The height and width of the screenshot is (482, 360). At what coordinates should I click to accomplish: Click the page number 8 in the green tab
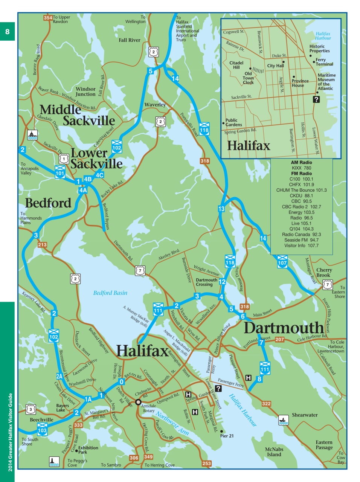point(7,32)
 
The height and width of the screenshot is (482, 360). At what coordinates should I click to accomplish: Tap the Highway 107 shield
point(282,261)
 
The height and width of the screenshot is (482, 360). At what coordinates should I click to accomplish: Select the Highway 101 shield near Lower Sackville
point(60,171)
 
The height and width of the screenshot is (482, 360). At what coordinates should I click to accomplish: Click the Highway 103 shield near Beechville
point(42,428)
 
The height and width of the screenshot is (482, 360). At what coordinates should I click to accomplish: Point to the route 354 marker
point(48,18)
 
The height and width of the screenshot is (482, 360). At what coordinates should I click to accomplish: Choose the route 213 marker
point(42,245)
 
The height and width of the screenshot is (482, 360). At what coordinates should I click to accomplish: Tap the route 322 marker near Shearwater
point(266,404)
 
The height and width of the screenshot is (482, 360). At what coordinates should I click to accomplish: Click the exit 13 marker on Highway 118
point(221,209)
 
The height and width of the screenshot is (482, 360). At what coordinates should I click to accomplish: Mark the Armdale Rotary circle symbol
point(138,402)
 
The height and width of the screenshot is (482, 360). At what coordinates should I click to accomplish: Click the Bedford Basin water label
point(110,293)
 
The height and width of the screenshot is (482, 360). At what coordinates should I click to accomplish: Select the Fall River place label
point(129,40)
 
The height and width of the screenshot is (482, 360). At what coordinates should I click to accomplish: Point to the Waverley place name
point(155,105)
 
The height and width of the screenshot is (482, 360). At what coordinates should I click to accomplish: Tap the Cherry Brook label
point(324,272)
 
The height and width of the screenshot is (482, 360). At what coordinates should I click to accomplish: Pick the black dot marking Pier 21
point(222,432)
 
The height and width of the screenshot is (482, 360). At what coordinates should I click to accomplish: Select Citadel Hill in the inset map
point(236,65)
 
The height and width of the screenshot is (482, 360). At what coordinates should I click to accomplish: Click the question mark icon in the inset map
point(316,99)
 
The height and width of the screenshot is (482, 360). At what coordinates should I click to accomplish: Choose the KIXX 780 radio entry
point(301,168)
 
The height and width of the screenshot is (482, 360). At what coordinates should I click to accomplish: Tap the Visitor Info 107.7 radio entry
point(301,246)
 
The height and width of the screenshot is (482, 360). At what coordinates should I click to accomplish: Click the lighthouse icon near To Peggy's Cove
point(54,461)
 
